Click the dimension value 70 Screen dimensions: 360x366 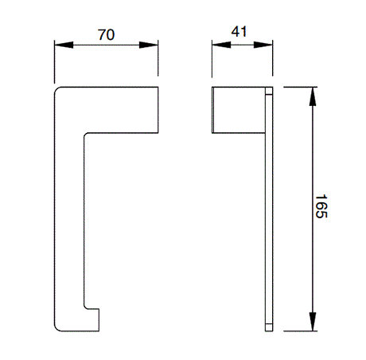pyautogui.click(x=105, y=34)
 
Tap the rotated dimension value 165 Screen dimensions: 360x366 pyautogui.click(x=321, y=206)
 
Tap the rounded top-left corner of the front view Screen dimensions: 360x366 pyautogui.click(x=57, y=89)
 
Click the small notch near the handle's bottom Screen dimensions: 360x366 pyautogui.click(x=92, y=307)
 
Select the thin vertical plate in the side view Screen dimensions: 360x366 pyautogui.click(x=269, y=207)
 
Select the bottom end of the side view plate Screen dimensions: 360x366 pyautogui.click(x=269, y=327)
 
